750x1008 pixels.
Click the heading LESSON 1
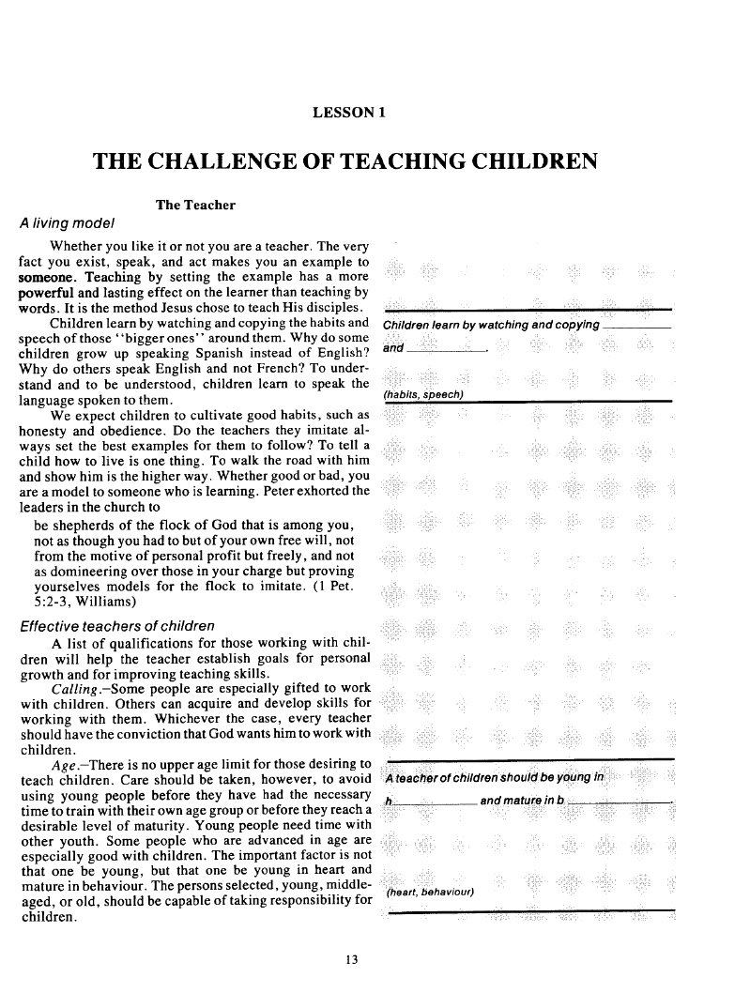350,113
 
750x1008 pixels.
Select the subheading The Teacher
195,205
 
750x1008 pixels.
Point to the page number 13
352,958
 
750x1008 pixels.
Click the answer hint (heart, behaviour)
430,892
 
